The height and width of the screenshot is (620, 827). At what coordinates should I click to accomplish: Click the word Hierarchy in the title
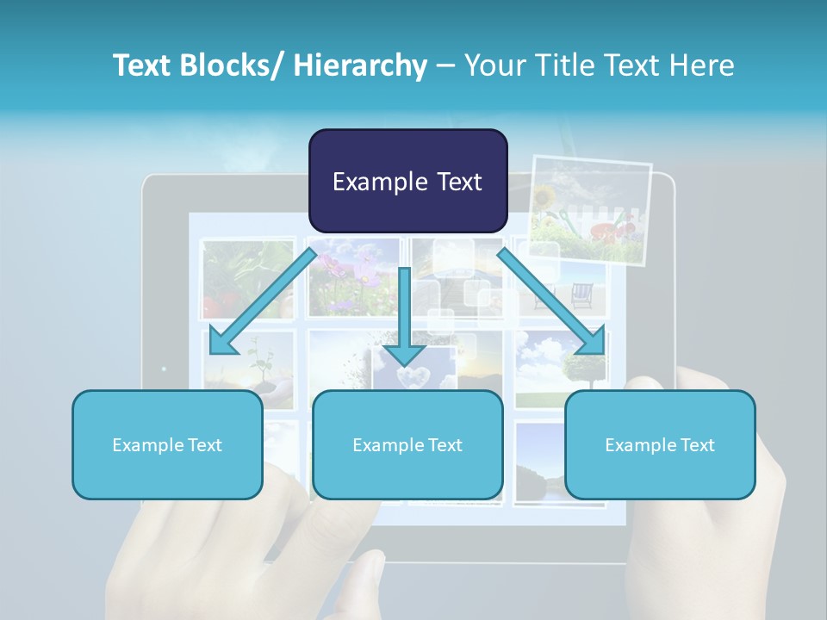(360, 65)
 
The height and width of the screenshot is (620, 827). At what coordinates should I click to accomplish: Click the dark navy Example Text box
(407, 181)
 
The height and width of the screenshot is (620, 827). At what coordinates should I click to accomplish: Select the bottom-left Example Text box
(167, 444)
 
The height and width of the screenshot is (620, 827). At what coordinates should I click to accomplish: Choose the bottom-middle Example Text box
(407, 444)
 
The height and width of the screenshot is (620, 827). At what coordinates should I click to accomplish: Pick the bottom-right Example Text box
(660, 444)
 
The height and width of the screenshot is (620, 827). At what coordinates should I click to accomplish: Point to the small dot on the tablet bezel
(164, 369)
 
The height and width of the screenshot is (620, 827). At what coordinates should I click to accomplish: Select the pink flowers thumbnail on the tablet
(353, 274)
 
